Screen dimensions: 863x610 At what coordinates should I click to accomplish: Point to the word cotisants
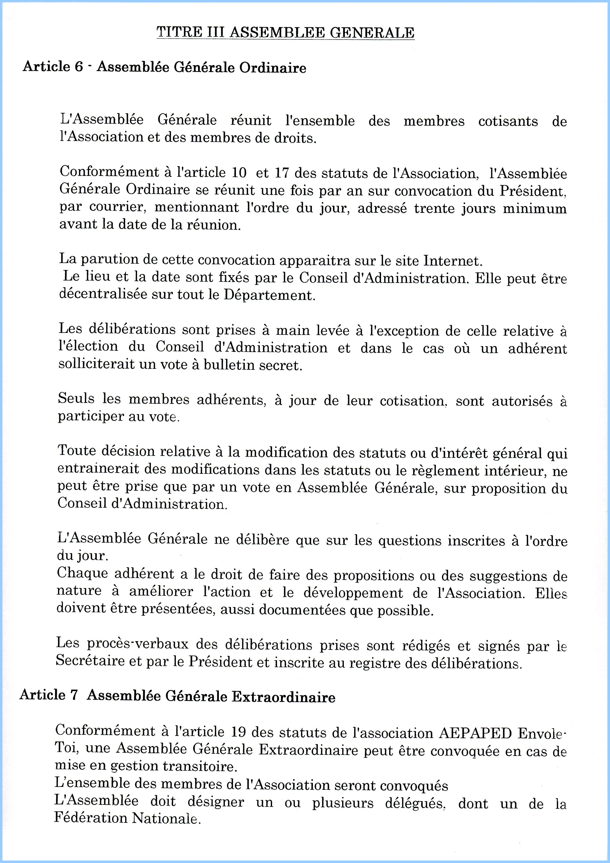508,122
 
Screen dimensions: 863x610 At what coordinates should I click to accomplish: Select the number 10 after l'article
239,172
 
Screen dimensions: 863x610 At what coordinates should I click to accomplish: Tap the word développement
353,593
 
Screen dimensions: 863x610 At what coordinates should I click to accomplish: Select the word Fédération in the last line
90,818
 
